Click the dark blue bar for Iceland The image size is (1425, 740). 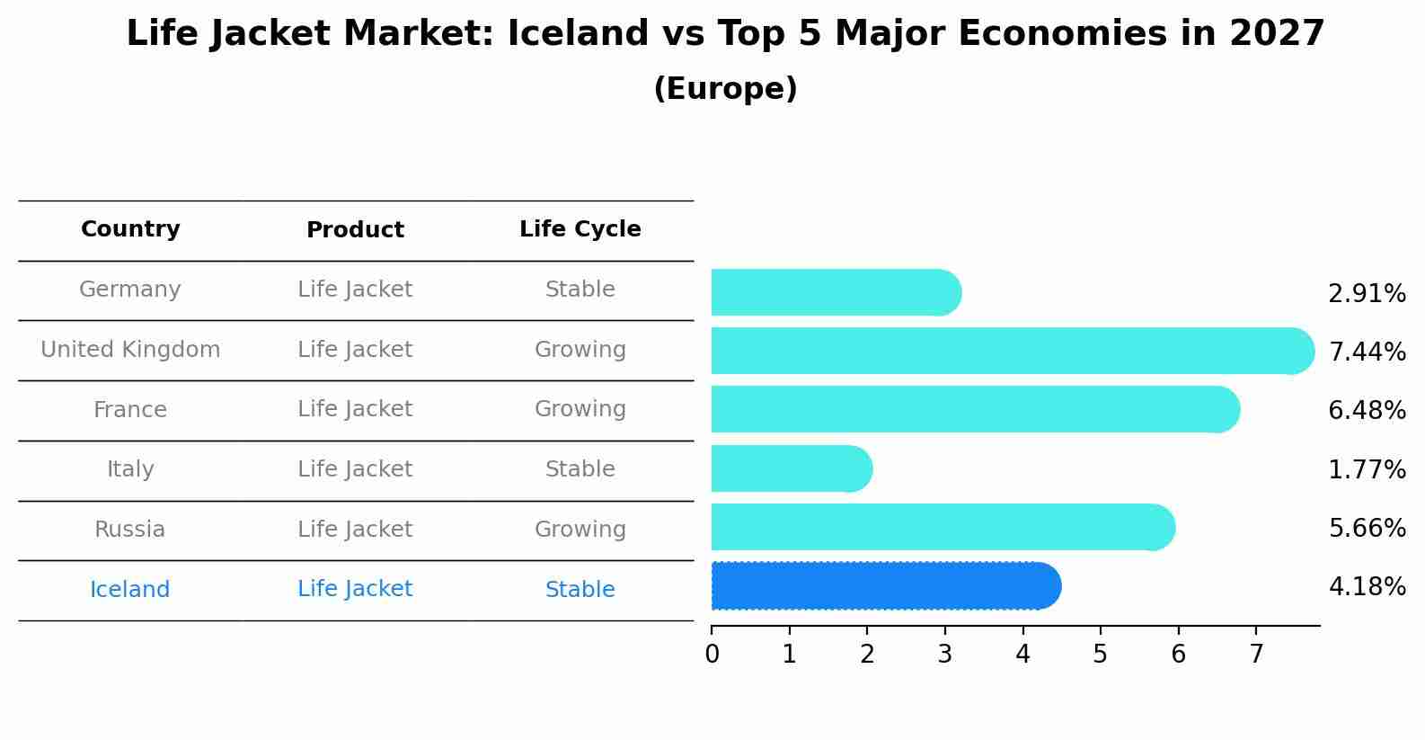pos(885,586)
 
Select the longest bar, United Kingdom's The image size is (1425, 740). pos(1011,351)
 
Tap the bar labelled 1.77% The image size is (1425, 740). pos(791,468)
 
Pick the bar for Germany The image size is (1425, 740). pos(836,292)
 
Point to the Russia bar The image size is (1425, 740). pos(942,527)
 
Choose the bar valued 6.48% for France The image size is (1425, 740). pos(975,409)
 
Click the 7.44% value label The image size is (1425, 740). pos(1367,352)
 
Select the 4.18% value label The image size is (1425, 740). pos(1367,587)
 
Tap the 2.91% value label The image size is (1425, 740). pos(1367,294)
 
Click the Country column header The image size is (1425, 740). pos(130,229)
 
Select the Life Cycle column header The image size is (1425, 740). pos(580,229)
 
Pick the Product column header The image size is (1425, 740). pos(355,230)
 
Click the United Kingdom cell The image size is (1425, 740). pos(130,350)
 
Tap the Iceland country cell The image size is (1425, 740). pos(130,590)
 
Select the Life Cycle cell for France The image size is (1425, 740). pos(580,409)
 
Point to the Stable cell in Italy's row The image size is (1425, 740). pos(580,469)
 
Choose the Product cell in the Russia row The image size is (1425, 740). pos(355,530)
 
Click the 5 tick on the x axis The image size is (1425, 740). pos(1100,654)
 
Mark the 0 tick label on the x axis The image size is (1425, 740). pos(712,654)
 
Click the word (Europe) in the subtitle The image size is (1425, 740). pos(725,89)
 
